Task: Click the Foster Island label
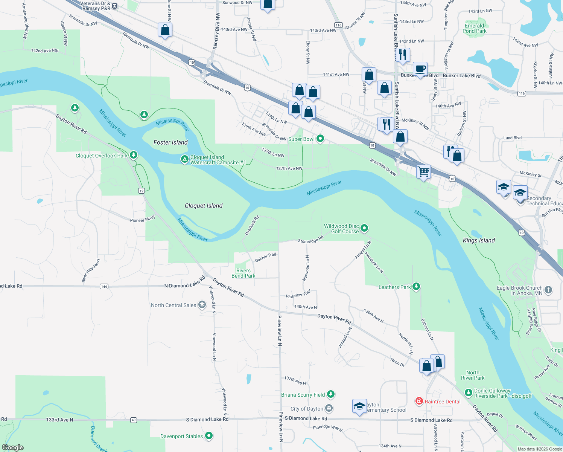pyautogui.click(x=170, y=142)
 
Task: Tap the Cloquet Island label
pyautogui.click(x=204, y=206)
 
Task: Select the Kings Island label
pyautogui.click(x=479, y=240)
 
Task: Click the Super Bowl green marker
pyautogui.click(x=320, y=139)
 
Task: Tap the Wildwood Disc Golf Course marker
pyautogui.click(x=364, y=228)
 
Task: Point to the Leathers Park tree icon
pyautogui.click(x=416, y=287)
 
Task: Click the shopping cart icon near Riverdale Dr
pyautogui.click(x=424, y=171)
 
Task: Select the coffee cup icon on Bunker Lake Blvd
pyautogui.click(x=420, y=69)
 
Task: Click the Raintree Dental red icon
pyautogui.click(x=419, y=401)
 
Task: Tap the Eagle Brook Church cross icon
pyautogui.click(x=548, y=290)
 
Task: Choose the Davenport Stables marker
pyautogui.click(x=209, y=436)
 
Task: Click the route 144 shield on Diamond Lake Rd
pyautogui.click(x=104, y=287)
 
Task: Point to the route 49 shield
pyautogui.click(x=134, y=420)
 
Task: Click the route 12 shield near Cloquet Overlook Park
pyautogui.click(x=142, y=191)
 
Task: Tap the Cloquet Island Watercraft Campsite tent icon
pyautogui.click(x=184, y=159)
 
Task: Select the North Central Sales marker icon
pyautogui.click(x=202, y=305)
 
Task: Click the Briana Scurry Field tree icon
pyautogui.click(x=330, y=394)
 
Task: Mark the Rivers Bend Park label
pyautogui.click(x=243, y=273)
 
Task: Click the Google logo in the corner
pyautogui.click(x=13, y=447)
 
